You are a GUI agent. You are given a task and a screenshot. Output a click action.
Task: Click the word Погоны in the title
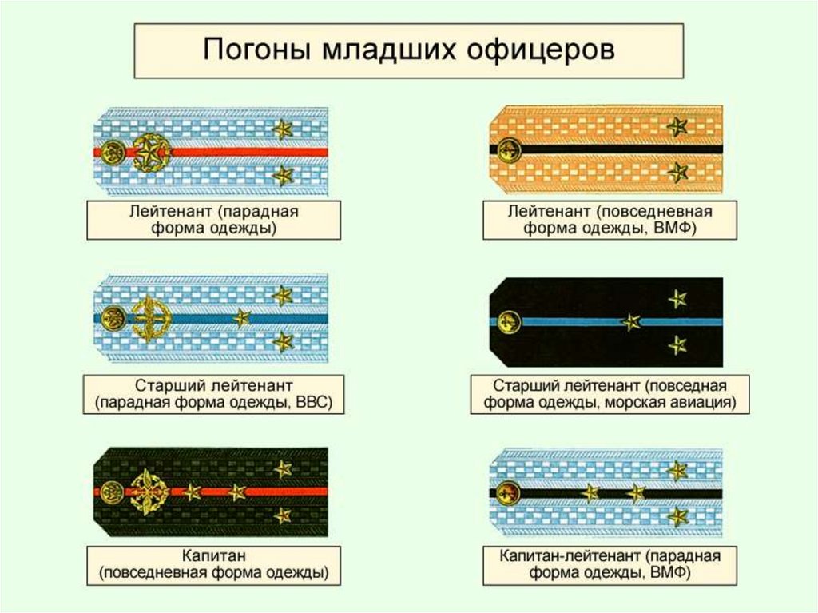255,50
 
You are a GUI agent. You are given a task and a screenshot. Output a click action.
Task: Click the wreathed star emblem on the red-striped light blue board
149,152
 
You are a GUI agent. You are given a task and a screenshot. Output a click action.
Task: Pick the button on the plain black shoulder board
506,322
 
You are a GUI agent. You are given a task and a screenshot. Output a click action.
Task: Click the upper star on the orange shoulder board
677,126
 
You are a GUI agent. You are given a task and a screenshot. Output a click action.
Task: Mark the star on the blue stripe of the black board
631,322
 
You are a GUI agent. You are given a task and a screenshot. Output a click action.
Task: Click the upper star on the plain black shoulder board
677,299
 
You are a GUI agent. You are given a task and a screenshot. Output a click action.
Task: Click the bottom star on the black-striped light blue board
677,517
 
